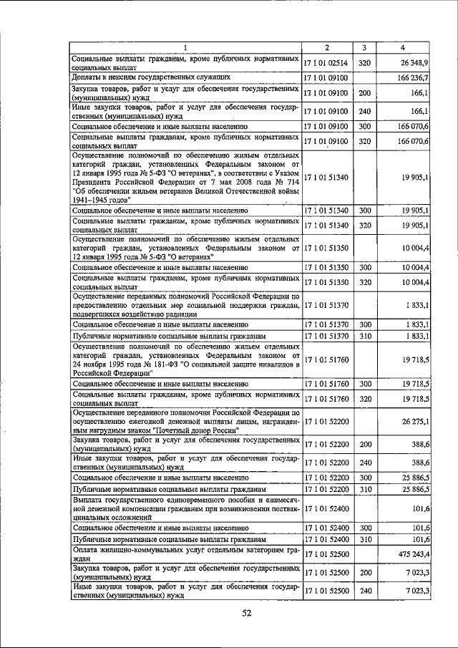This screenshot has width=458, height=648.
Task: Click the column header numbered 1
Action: click(x=185, y=48)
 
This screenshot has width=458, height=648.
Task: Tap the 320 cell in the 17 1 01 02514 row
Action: click(x=364, y=63)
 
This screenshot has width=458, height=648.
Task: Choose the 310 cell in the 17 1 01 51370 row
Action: click(x=364, y=335)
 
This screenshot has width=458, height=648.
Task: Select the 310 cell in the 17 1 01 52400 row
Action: click(x=364, y=538)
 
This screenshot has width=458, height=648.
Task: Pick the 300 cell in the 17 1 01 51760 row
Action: click(x=364, y=384)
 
